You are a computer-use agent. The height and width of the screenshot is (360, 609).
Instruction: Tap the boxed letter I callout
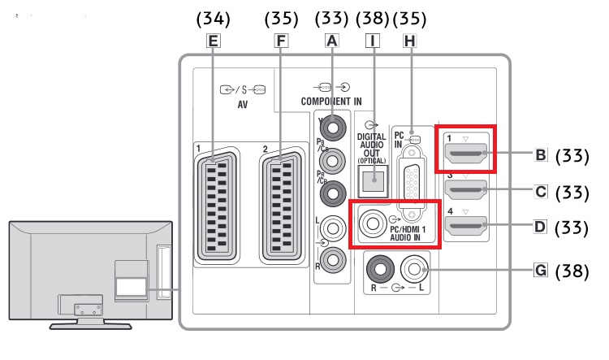(373, 39)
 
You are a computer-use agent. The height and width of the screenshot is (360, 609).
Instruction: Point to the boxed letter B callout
(540, 153)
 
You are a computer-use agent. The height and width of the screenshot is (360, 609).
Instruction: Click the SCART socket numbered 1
(217, 207)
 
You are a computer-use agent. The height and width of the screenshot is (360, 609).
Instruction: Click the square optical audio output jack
(373, 183)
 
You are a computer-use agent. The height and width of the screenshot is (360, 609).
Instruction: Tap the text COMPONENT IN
(330, 101)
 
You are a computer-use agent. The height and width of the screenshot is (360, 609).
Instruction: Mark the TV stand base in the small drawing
(91, 324)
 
